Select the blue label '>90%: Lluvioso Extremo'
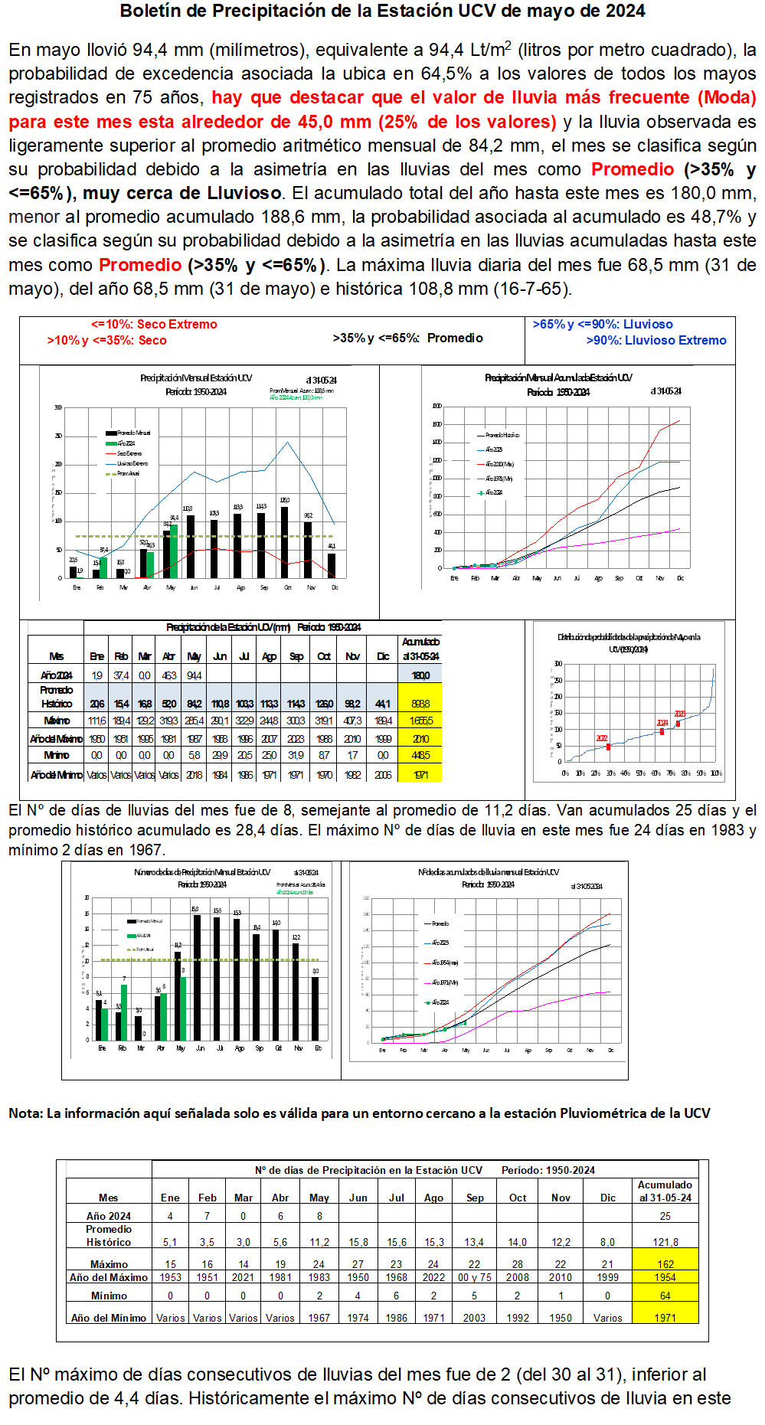tap(656, 341)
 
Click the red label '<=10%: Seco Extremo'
tap(154, 325)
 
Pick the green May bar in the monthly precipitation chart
tap(174, 551)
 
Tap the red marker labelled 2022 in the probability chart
tap(608, 747)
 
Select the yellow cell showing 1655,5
tap(420, 721)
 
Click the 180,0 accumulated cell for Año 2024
tap(420, 676)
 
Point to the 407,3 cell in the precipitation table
tap(352, 721)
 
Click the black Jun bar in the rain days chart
tap(197, 977)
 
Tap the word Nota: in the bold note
tap(26, 1113)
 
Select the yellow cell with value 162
tap(665, 1264)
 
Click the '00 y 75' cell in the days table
tap(475, 1277)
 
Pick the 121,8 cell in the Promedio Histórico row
tap(665, 1242)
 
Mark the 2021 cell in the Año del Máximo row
tap(244, 1277)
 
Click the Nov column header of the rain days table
tap(561, 1198)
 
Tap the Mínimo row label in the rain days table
tap(109, 1296)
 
